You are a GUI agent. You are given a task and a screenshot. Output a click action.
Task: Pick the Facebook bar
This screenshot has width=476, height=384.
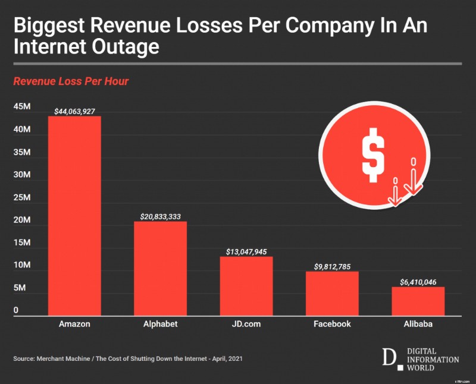[x=332, y=294]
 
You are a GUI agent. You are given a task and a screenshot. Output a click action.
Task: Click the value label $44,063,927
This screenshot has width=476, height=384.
[x=74, y=111]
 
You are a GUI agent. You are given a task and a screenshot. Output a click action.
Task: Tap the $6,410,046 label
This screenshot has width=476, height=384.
[x=418, y=282]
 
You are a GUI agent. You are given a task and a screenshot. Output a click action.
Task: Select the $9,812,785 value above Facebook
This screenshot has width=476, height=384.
[x=332, y=266]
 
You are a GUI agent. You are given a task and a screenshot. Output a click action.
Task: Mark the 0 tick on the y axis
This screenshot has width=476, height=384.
[x=16, y=310]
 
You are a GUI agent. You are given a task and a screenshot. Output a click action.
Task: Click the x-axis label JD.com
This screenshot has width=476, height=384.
[x=246, y=324]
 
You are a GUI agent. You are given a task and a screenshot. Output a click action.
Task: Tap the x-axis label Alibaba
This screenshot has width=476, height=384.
[x=418, y=324]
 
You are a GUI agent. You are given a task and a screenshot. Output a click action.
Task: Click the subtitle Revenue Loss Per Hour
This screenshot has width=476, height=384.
[x=71, y=81]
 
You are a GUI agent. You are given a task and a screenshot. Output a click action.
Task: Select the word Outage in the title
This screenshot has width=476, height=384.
[x=123, y=46]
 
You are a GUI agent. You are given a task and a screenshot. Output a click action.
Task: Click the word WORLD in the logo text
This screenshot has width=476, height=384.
[x=420, y=368]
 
